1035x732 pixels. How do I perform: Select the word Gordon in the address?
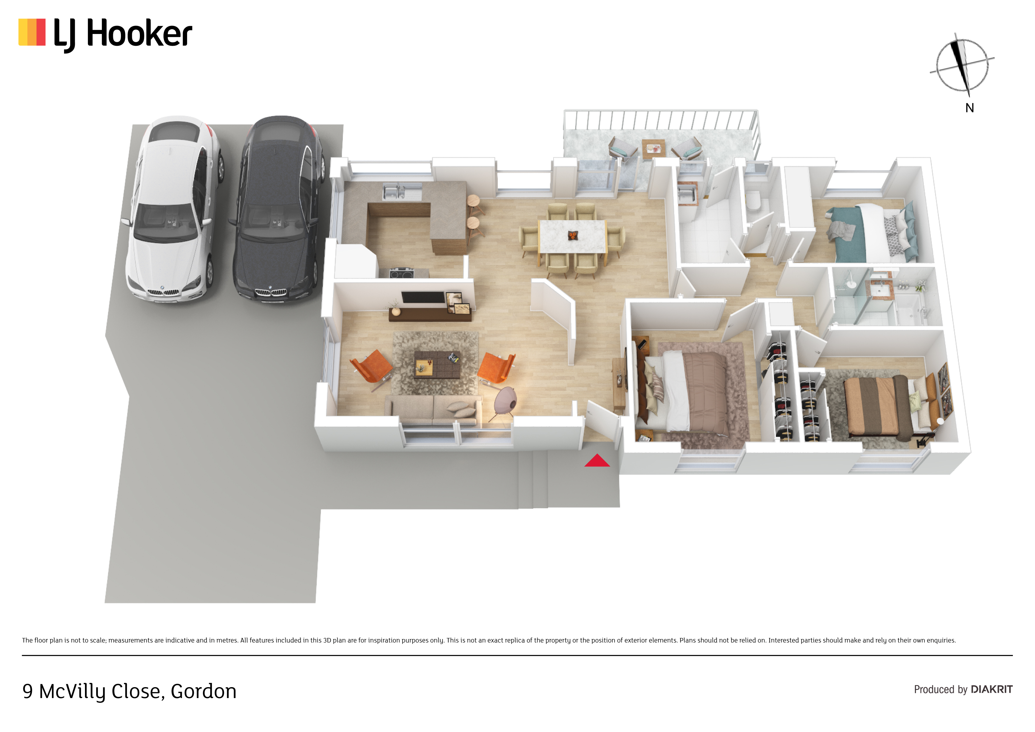(x=203, y=691)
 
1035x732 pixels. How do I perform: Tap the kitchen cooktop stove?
(x=402, y=273)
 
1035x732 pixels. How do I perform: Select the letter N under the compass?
(x=970, y=108)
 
